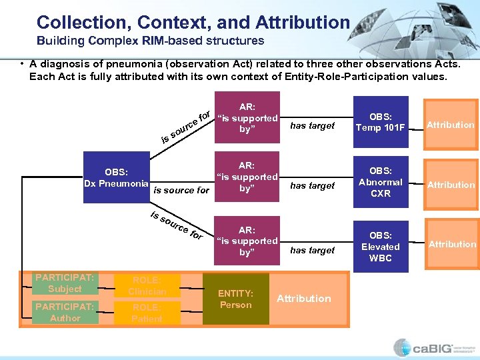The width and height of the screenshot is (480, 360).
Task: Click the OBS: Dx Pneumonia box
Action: tap(117, 177)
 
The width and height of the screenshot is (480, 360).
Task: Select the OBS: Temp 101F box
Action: tap(381, 121)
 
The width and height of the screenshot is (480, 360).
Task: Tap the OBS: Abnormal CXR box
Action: tap(381, 182)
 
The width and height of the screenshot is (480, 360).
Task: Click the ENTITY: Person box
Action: tap(236, 299)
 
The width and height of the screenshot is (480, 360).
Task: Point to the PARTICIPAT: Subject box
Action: tap(65, 283)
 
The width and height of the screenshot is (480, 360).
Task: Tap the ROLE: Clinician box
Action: tap(147, 285)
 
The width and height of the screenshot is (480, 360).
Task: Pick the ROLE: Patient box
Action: tap(147, 313)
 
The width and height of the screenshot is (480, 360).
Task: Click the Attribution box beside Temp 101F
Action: tap(451, 125)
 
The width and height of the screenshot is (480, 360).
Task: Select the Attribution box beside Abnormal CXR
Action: tap(451, 185)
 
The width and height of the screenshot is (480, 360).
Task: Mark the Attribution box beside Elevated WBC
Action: tap(452, 244)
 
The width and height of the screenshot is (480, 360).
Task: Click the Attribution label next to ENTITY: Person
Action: tap(303, 299)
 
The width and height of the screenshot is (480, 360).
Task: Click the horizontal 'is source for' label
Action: tap(181, 190)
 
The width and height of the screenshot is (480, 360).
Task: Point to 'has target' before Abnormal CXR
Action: tap(312, 186)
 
